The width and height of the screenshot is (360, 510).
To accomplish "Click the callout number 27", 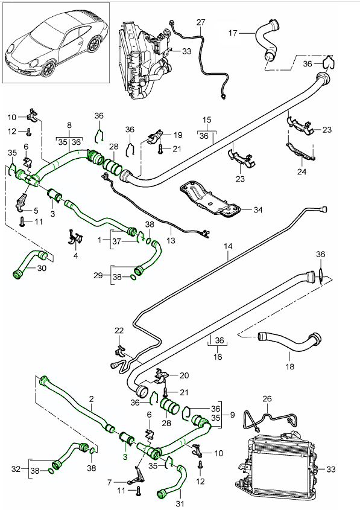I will pos(201,22).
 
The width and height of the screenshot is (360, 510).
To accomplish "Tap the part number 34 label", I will pos(259,210).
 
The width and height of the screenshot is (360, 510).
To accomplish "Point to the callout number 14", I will pos(228,246).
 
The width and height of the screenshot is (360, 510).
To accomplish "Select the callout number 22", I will pos(119,330).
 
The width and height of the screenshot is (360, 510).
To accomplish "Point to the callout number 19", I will pos(177,135).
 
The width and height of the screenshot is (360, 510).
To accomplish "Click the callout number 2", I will pos(90,399).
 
